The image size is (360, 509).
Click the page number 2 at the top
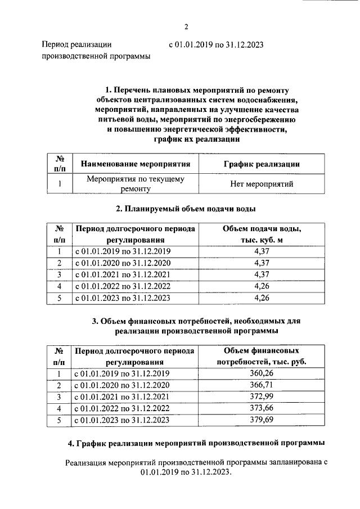185,26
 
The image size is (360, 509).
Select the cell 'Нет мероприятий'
262,184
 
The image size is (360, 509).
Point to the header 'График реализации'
262,164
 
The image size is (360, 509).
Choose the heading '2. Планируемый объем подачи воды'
186,209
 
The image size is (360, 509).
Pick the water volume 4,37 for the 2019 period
262,251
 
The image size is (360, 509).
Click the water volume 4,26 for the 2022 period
262,286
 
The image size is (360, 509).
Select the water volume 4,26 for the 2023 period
262,298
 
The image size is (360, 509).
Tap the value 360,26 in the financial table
262,373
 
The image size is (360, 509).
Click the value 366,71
262,385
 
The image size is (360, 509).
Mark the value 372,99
262,397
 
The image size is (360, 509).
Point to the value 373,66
262,409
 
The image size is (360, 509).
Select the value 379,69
262,420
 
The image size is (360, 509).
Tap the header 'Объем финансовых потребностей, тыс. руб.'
262,356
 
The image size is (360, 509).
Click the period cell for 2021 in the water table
123,275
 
